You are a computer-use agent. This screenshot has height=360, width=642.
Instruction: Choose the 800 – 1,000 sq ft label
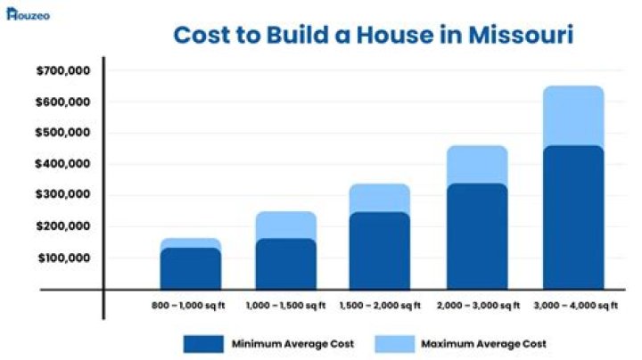tap(190, 306)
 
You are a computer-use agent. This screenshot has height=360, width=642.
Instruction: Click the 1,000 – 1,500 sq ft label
tap(285, 306)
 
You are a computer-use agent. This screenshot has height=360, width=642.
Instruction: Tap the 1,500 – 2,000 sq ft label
tap(382, 306)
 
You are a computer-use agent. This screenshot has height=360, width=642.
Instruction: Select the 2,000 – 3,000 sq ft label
tap(477, 306)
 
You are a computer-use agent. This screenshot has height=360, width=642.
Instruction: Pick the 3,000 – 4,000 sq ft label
tap(574, 306)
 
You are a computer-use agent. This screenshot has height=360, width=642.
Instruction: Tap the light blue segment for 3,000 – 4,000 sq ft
tap(573, 116)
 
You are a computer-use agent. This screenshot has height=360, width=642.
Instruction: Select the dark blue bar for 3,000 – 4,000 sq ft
tap(573, 218)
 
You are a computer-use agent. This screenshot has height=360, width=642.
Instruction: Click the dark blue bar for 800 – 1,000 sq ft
tap(191, 268)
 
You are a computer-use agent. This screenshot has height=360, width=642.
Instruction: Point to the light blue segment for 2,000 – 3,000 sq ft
tap(477, 165)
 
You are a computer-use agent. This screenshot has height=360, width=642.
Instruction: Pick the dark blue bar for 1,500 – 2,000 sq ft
tap(382, 251)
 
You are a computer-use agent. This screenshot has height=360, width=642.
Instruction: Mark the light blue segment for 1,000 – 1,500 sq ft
tap(286, 225)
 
